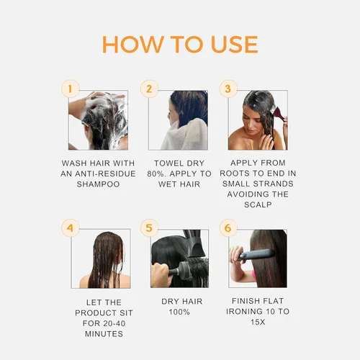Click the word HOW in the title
point(132,43)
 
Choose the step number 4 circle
point(69,229)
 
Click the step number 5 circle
point(149,229)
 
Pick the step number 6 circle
point(228,229)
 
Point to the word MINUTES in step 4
point(99,334)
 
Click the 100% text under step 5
point(179,312)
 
